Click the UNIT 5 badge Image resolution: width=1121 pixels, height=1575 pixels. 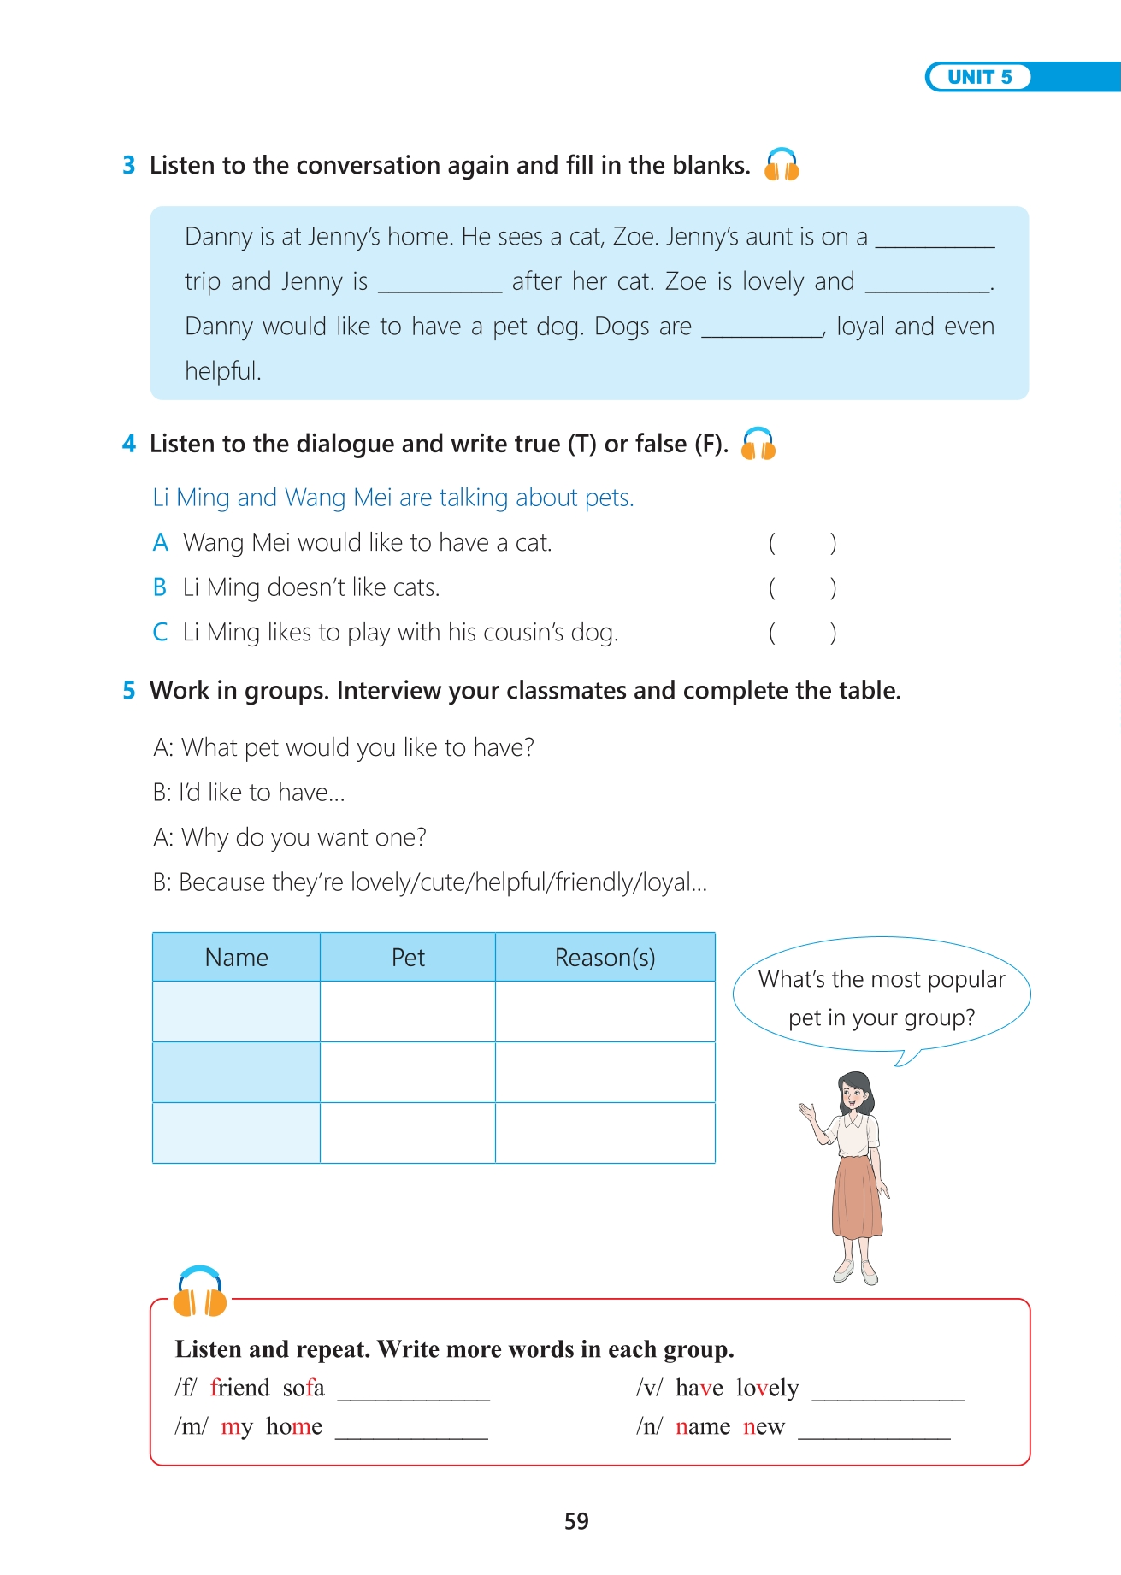(x=979, y=77)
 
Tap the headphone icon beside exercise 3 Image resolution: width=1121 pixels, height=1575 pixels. (x=782, y=164)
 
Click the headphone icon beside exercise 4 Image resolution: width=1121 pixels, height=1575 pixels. (x=758, y=444)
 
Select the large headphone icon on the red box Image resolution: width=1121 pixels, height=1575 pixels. (x=200, y=1292)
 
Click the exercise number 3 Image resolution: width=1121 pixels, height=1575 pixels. (x=129, y=165)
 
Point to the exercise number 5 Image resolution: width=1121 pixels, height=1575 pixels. (x=129, y=690)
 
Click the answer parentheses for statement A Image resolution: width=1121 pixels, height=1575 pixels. (x=802, y=543)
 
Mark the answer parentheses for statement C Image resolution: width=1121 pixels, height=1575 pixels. (x=802, y=633)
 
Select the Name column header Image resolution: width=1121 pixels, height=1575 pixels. (x=236, y=958)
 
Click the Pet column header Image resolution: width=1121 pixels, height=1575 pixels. (x=408, y=958)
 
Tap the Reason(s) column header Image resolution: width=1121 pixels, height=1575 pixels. (x=605, y=958)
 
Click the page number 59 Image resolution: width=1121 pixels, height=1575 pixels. (x=576, y=1521)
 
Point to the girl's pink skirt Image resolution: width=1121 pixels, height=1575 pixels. (x=856, y=1197)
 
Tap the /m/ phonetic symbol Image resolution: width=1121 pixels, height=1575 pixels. (x=191, y=1426)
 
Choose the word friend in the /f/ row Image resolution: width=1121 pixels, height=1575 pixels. (x=240, y=1388)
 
